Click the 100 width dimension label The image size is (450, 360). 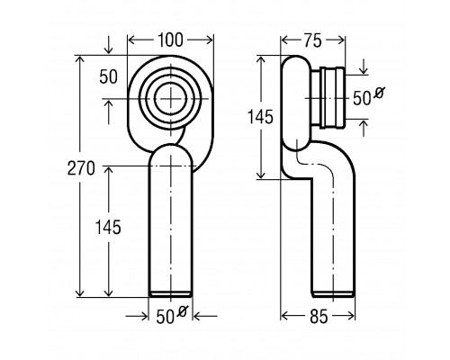click(170, 40)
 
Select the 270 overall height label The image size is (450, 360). click(81, 168)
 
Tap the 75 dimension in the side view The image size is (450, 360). click(312, 40)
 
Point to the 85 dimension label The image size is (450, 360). click(319, 317)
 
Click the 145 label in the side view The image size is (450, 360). click(260, 117)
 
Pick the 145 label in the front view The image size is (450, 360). click(108, 227)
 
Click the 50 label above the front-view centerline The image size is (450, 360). click(108, 76)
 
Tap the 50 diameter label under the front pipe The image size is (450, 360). click(165, 317)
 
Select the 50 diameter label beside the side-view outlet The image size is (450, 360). click(362, 98)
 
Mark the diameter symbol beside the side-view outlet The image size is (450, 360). click(379, 93)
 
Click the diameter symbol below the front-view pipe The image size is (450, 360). click(182, 311)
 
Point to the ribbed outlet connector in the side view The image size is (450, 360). click(333, 98)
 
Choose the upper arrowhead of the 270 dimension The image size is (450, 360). click(79, 59)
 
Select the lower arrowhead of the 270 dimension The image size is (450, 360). click(79, 292)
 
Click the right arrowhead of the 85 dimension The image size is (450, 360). click(350, 316)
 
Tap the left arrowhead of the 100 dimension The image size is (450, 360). click(133, 40)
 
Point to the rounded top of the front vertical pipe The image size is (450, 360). click(171, 145)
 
